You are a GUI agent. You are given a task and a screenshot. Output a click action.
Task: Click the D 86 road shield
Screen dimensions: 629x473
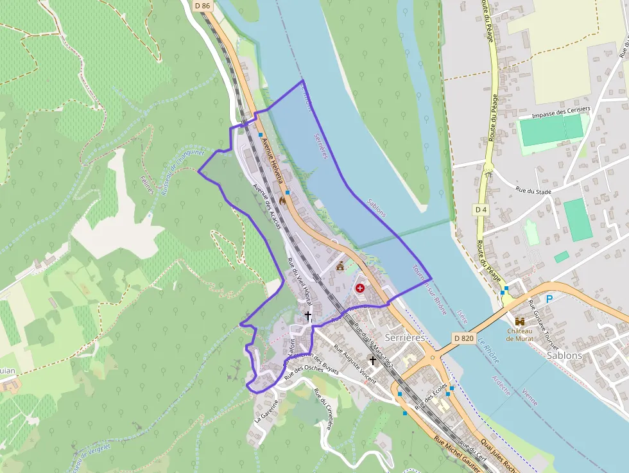(202, 6)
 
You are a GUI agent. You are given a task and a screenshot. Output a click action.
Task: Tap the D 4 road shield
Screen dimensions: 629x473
(481, 210)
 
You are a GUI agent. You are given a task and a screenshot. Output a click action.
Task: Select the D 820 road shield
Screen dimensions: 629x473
(463, 338)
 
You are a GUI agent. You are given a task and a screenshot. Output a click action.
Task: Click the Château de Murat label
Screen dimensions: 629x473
(520, 334)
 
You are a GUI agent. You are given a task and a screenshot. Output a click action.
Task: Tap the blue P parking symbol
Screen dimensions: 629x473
(549, 299)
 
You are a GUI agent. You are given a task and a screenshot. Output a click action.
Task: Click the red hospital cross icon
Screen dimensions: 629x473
(359, 289)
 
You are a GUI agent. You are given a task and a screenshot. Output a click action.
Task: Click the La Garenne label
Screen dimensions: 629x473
(266, 409)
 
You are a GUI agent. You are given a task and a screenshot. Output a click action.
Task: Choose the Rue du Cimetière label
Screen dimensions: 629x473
(324, 411)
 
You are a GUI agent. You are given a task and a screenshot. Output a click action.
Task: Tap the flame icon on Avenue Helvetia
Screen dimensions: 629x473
(283, 201)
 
